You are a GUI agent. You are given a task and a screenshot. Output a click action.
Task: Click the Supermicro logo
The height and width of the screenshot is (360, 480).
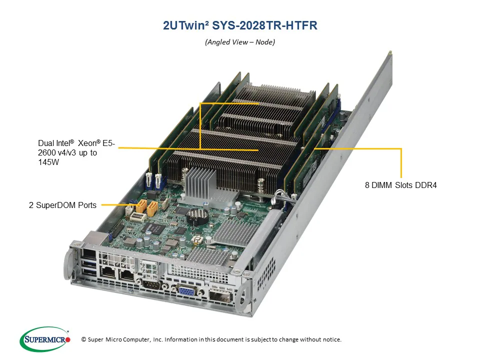[45, 339]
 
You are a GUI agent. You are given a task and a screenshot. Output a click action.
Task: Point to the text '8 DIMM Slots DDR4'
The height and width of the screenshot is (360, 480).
[401, 185]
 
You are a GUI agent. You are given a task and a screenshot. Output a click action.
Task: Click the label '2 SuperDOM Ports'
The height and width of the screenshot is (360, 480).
[62, 205]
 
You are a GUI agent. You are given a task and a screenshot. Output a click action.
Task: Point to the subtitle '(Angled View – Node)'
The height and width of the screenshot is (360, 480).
[240, 42]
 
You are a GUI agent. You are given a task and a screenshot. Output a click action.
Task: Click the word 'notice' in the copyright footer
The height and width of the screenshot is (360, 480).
[329, 339]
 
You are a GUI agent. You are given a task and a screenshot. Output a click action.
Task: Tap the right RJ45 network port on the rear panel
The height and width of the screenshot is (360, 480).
[127, 274]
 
